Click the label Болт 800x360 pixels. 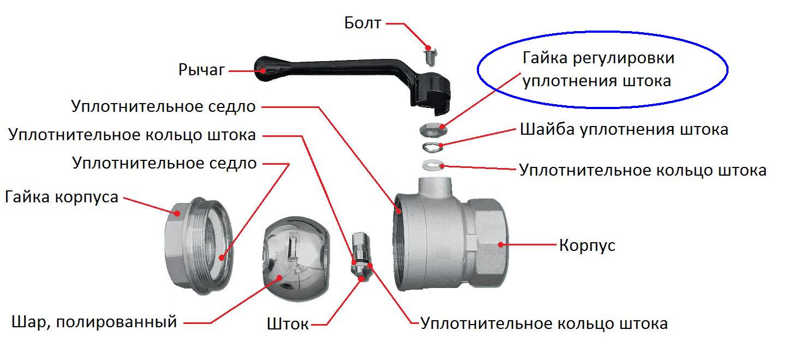click(x=362, y=23)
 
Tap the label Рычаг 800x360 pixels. click(x=201, y=70)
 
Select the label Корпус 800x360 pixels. click(x=587, y=245)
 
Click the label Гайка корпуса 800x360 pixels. click(x=62, y=197)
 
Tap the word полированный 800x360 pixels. click(x=116, y=322)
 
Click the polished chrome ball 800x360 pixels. click(x=296, y=259)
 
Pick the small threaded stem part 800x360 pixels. click(x=361, y=256)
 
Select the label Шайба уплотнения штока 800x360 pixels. click(x=624, y=129)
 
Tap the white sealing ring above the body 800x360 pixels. click(x=433, y=165)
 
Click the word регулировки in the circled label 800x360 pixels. click(x=624, y=58)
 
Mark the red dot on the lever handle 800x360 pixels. click(x=263, y=71)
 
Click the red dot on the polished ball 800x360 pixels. click(x=279, y=278)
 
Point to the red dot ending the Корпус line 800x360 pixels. click(x=501, y=245)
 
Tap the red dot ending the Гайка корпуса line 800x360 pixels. click(x=177, y=213)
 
